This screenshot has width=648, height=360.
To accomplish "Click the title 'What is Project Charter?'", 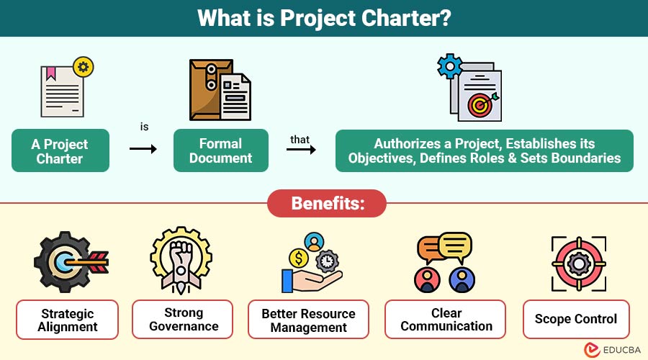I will coord(324,18).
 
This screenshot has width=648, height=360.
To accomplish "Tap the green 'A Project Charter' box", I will coord(60,150).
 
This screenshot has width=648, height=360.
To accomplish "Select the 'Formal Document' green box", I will coord(221,150).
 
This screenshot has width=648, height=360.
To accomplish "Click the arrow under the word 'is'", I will coord(143,149).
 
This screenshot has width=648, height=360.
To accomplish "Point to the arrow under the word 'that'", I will coord(301,150).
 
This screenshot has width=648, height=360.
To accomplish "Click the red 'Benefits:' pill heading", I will coord(327,204).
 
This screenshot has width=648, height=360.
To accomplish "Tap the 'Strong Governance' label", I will coord(183,320).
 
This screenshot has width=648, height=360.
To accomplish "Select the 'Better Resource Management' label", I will coord(308,320).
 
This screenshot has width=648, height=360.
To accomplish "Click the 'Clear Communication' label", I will coord(446,320).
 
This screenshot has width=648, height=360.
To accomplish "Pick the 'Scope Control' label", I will coord(576,319).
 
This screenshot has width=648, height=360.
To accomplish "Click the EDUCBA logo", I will coord(612,349).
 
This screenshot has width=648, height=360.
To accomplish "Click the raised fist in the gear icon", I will coord(181,258).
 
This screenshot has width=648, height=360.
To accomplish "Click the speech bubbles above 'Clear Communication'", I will coord(445,247).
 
